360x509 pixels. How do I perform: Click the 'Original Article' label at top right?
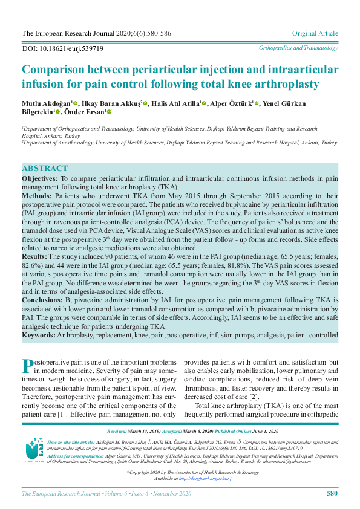point(315,33)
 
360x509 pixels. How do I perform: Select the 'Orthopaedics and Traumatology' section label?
point(298,47)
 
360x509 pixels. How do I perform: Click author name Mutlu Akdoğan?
point(46,103)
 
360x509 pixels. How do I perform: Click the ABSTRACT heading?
point(45,169)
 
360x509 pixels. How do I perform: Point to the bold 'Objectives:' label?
point(40,180)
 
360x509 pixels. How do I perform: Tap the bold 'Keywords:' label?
point(39,334)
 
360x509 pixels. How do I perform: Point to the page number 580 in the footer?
point(332,493)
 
